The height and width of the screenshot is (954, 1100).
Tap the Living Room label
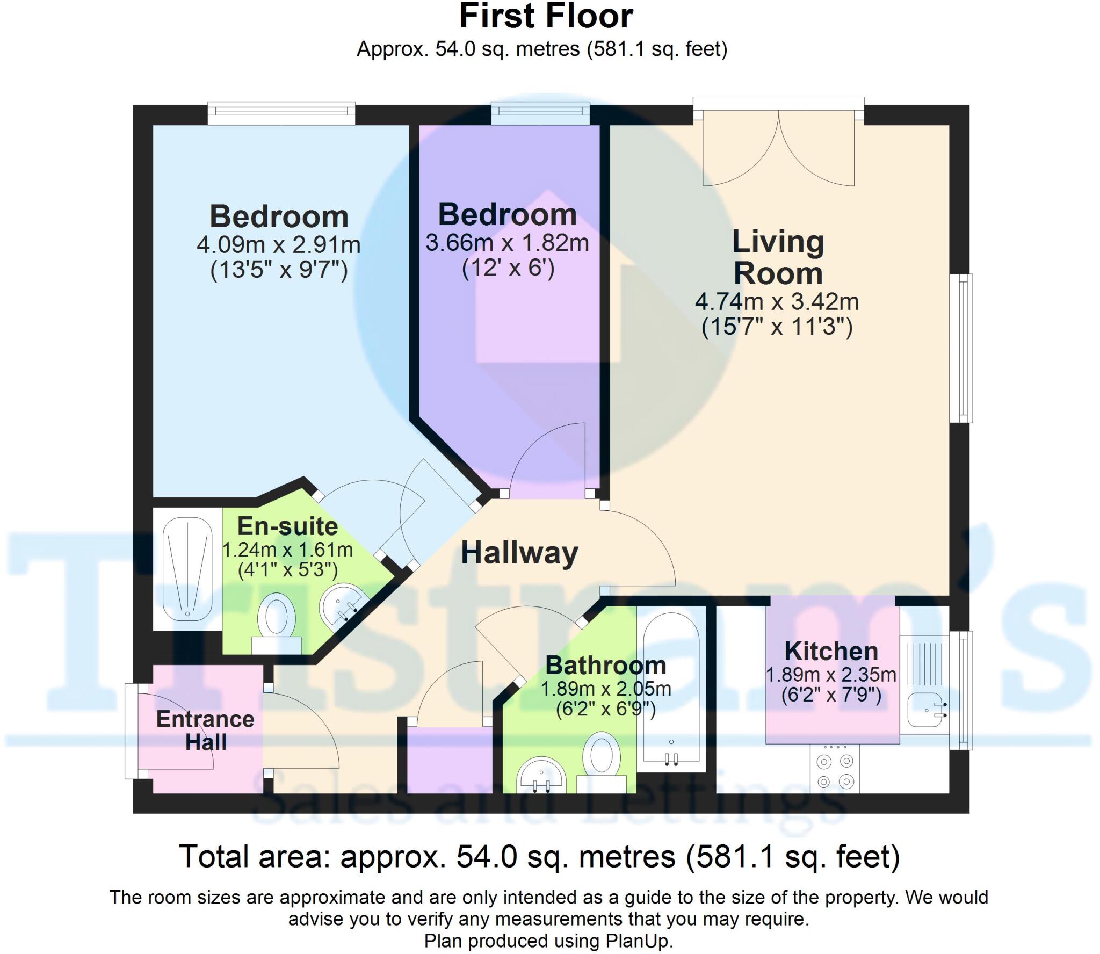click(x=777, y=257)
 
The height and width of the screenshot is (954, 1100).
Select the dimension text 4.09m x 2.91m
click(x=278, y=245)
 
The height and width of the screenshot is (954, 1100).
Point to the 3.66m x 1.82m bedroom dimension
click(x=507, y=243)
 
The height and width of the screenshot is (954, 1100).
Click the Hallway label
click(x=519, y=553)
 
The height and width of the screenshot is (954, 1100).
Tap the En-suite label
click(x=287, y=526)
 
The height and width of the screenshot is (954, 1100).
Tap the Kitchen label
click(x=831, y=652)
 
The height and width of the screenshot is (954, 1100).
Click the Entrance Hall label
click(x=205, y=731)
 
